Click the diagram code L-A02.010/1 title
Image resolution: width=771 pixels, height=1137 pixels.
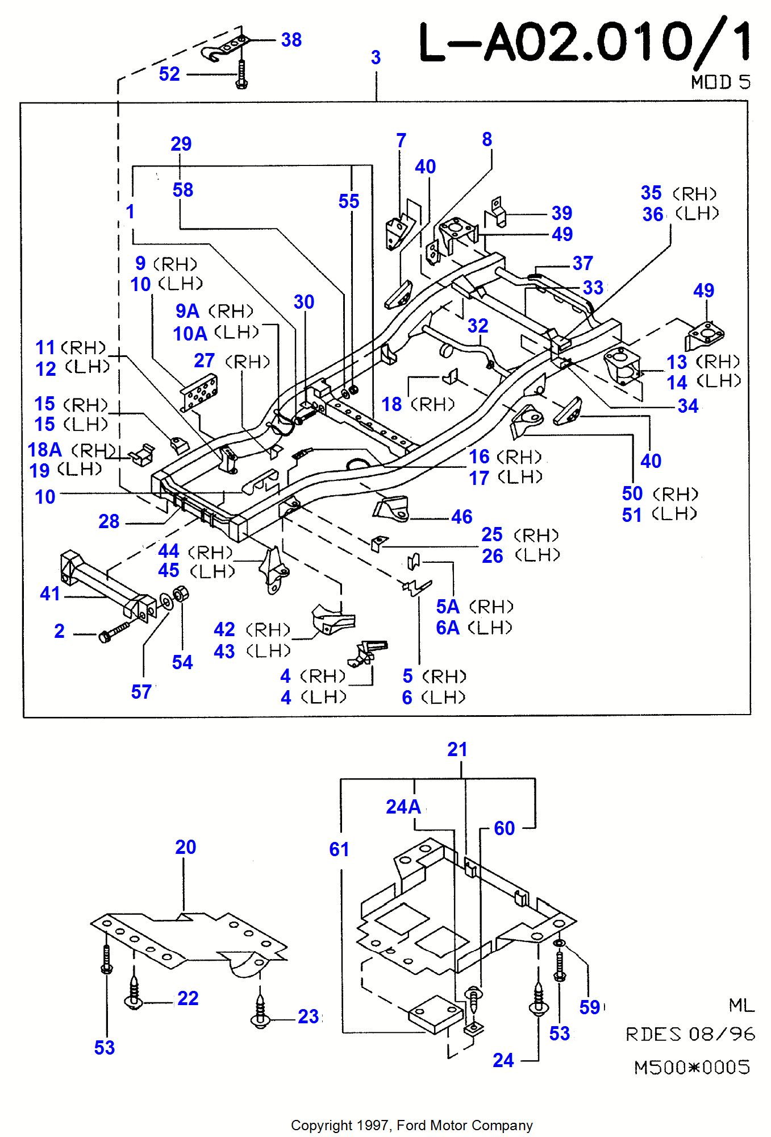(584, 43)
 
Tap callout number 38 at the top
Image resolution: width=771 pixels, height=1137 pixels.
(291, 40)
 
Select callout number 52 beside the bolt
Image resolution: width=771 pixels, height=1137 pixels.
(169, 74)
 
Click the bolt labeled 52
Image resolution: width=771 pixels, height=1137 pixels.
(241, 75)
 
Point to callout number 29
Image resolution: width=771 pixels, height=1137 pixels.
(181, 144)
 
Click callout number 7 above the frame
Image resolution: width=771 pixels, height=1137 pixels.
(401, 140)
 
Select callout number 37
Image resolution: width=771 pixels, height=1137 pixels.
(583, 263)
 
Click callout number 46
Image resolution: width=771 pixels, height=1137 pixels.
(462, 517)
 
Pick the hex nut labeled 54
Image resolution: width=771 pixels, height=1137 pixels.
(181, 595)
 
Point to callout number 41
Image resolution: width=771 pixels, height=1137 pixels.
(50, 594)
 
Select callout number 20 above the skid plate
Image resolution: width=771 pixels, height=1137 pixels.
(185, 847)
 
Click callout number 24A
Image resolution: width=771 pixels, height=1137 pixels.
(403, 807)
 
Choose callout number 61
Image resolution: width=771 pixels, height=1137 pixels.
(339, 849)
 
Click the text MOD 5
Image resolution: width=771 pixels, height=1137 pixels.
(720, 82)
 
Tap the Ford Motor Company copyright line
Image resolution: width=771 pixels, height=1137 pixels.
(411, 1125)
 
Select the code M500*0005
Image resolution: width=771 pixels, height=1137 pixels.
(692, 1067)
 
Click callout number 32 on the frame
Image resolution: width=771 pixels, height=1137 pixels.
(478, 326)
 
